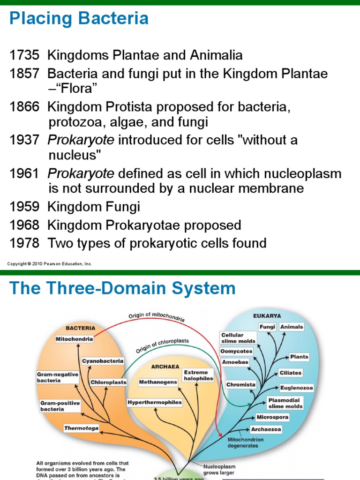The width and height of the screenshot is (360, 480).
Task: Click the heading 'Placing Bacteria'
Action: pyautogui.click(x=79, y=19)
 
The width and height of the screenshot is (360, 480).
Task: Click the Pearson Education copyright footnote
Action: pyautogui.click(x=50, y=264)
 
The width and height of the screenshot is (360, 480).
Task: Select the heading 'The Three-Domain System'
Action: pyautogui.click(x=122, y=288)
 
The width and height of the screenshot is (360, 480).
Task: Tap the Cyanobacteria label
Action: pyautogui.click(x=103, y=361)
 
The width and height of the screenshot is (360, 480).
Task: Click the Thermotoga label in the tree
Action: pyautogui.click(x=82, y=428)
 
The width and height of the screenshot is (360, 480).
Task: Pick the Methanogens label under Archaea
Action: pyautogui.click(x=158, y=382)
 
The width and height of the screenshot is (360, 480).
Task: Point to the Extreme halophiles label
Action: pyautogui.click(x=198, y=375)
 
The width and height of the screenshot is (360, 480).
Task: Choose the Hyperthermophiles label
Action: pyautogui.click(x=155, y=402)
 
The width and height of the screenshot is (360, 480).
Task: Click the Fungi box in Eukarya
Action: pyautogui.click(x=267, y=327)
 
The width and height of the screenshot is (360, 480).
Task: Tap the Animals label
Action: pyautogui.click(x=292, y=327)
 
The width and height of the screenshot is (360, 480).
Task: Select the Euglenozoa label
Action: pyautogui.click(x=296, y=388)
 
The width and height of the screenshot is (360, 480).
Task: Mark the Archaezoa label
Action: pyautogui.click(x=266, y=428)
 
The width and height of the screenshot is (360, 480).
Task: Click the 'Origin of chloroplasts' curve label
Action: pyautogui.click(x=163, y=346)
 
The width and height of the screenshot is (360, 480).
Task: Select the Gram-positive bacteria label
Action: pyautogui.click(x=60, y=406)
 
